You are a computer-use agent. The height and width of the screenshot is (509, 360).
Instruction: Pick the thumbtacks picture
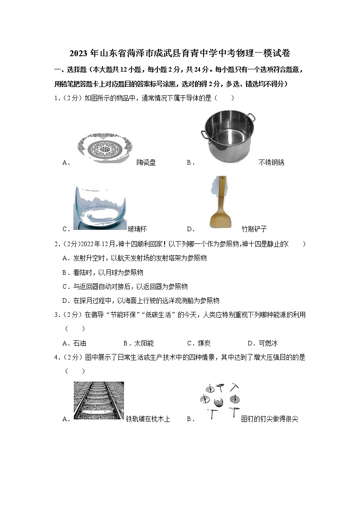pyautogui.click(x=219, y=401)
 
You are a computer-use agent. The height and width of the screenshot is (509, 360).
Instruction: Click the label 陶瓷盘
pyautogui.click(x=146, y=162)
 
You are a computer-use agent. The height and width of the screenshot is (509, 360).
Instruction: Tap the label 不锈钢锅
pyautogui.click(x=271, y=162)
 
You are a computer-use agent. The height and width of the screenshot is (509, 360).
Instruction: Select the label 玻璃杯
pyautogui.click(x=137, y=229)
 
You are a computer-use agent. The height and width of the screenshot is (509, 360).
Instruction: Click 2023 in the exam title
pyautogui.click(x=79, y=53)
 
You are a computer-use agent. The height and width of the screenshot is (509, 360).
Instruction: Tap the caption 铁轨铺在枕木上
pyautogui.click(x=148, y=419)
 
